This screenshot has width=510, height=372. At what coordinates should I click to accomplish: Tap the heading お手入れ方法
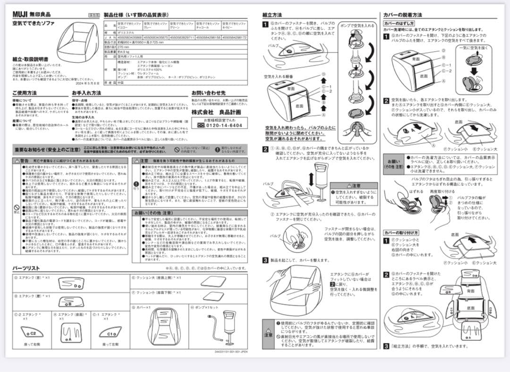(86, 93)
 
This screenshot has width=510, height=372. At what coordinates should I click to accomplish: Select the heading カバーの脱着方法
(403, 15)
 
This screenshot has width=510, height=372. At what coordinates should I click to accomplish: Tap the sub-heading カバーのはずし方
(399, 23)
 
